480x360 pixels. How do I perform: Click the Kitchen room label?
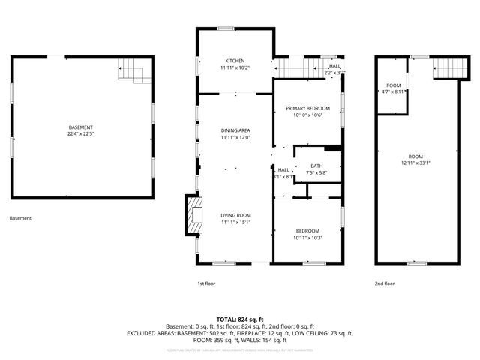click(235, 61)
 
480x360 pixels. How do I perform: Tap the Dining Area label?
click(235, 130)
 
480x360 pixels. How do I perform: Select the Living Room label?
click(235, 216)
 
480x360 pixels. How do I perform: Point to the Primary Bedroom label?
click(307, 109)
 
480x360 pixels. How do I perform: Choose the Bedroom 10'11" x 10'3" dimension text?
click(307, 238)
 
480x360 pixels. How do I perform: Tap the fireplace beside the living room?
click(194, 214)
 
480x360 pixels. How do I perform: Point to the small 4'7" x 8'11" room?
click(392, 88)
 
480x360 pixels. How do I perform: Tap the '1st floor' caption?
click(206, 283)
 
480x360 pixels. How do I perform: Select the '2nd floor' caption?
click(384, 283)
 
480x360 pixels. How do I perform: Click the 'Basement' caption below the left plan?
click(20, 218)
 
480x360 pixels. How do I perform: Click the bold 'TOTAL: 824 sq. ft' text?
click(239, 319)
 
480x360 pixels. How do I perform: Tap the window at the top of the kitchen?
click(225, 28)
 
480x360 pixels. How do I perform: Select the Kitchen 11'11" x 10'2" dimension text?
click(235, 68)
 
